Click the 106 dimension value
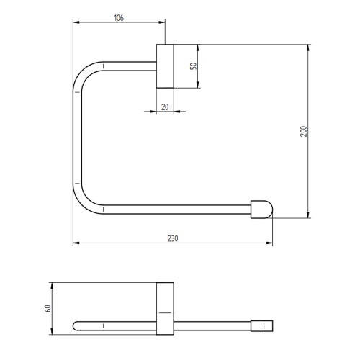point(118,18)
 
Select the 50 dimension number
point(192,66)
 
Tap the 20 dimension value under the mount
point(165,106)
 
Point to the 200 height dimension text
point(303,131)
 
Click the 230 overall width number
point(173,238)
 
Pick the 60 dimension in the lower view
point(48,308)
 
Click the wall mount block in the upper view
point(166,66)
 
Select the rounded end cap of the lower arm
point(263,209)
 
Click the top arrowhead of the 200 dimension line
point(309,48)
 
